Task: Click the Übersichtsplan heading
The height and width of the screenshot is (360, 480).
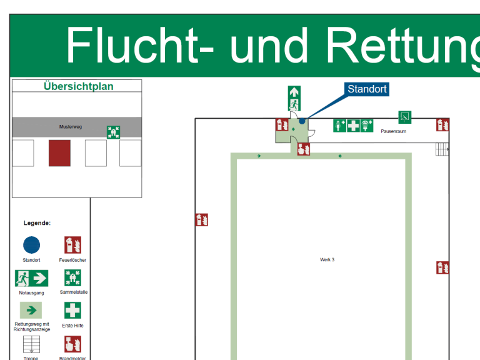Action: (79, 86)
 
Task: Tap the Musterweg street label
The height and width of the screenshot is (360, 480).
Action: (71, 127)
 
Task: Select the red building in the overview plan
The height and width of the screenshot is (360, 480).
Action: (59, 153)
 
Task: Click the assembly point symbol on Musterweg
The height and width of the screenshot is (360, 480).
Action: (113, 132)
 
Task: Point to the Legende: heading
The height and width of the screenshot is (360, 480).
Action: (37, 222)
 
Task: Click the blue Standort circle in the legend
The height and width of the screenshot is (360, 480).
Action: (31, 245)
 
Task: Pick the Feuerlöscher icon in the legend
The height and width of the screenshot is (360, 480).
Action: (73, 245)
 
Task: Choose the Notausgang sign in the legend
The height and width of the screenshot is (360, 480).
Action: (31, 278)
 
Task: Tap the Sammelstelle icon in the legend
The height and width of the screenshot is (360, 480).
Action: (72, 277)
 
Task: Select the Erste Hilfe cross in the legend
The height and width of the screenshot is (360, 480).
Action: (72, 311)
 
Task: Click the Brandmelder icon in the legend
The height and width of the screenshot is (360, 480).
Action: (72, 344)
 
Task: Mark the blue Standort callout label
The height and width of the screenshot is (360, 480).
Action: (367, 89)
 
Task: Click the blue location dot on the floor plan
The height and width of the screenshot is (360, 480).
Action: (302, 121)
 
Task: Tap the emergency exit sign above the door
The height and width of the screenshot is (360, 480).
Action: (294, 98)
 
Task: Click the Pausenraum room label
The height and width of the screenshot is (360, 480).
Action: (394, 132)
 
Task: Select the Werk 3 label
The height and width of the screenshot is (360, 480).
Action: (327, 259)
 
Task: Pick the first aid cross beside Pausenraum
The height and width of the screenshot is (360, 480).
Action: (353, 125)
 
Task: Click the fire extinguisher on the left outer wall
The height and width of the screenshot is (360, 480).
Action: (201, 219)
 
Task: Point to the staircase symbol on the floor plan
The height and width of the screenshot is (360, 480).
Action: (442, 149)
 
